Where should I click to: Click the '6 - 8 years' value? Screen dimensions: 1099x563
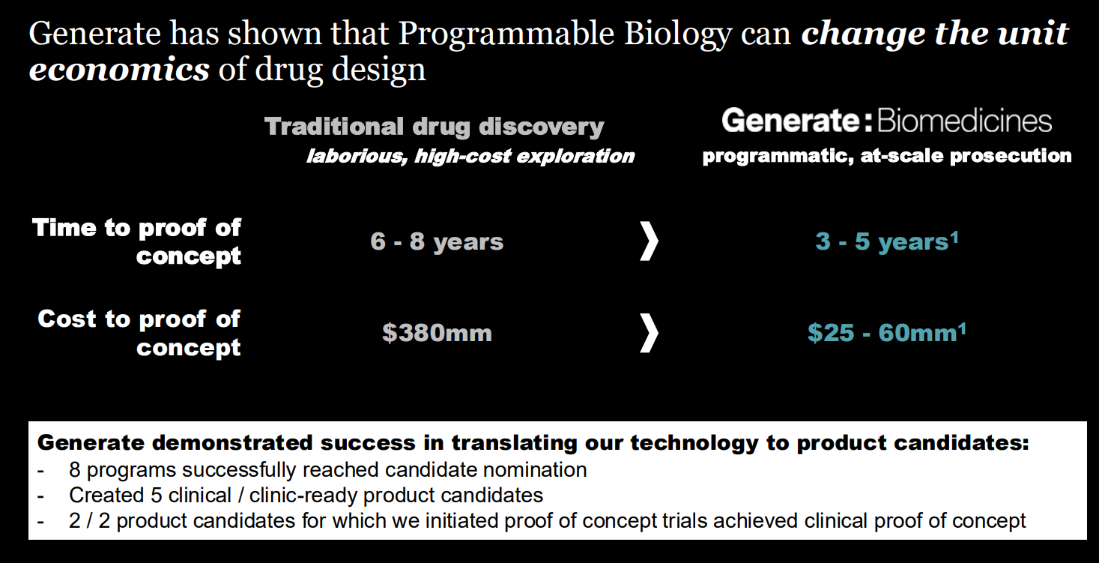tap(437, 241)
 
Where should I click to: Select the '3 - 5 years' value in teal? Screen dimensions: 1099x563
tap(882, 241)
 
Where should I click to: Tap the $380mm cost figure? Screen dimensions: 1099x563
tap(437, 332)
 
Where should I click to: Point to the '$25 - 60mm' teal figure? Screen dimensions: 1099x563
tap(882, 333)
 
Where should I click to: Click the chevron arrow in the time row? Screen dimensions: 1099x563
tap(649, 241)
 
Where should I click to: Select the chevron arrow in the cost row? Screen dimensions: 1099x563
tap(649, 333)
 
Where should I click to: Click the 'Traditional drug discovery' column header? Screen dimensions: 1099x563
tap(435, 127)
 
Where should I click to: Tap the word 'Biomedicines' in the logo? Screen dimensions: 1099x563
tap(964, 121)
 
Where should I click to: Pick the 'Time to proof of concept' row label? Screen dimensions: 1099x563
tap(137, 241)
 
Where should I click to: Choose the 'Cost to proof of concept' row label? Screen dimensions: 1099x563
tap(139, 334)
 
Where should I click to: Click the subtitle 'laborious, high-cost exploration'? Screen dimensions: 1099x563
tap(470, 157)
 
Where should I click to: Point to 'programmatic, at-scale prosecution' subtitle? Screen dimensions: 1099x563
tap(886, 156)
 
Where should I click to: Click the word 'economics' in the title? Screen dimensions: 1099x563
tap(119, 69)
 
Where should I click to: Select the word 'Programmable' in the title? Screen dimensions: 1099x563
tap(506, 34)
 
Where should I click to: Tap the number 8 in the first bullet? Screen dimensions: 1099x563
tap(75, 470)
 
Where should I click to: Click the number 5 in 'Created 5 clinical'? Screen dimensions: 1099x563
tap(157, 496)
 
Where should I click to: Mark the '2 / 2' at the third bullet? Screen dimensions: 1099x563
tap(90, 521)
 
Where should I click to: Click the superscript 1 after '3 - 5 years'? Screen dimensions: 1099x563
tap(954, 238)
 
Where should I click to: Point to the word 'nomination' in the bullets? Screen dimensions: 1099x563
tap(535, 470)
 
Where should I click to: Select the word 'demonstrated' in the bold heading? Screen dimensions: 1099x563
tap(232, 443)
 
